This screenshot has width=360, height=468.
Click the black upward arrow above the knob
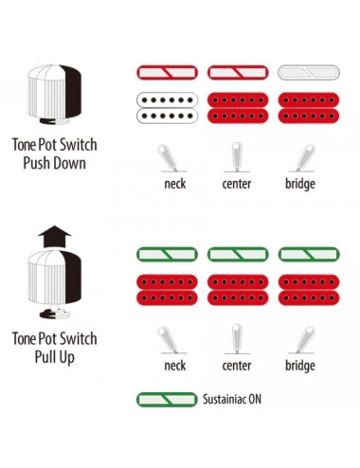pos(54,237)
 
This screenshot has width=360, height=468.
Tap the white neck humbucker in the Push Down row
pos(167,108)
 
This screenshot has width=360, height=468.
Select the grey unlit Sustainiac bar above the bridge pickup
pos(309,73)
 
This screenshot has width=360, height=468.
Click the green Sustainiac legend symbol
pos(167,400)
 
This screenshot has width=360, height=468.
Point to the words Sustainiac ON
pos(232,400)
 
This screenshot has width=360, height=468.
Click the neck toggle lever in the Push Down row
pos(169,158)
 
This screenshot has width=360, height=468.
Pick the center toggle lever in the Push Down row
pos(237,157)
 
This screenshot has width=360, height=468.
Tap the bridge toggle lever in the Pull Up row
pos(304,340)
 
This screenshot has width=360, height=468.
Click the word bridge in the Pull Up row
pos(300,366)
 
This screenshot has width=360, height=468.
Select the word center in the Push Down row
pos(237,184)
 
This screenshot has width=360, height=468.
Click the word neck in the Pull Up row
pos(175,366)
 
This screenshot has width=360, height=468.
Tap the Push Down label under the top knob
pos(54,163)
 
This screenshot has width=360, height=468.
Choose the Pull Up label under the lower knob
pos(54,357)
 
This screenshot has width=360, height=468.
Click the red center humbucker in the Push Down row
pos(238,108)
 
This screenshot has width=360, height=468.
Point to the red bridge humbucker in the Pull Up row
pos(309,290)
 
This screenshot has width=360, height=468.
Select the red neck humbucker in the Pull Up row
pos(167,290)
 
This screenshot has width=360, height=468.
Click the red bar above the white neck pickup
pos(167,73)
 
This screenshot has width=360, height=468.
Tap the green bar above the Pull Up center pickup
pos(238,255)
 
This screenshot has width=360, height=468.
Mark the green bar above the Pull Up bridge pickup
pos(309,255)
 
